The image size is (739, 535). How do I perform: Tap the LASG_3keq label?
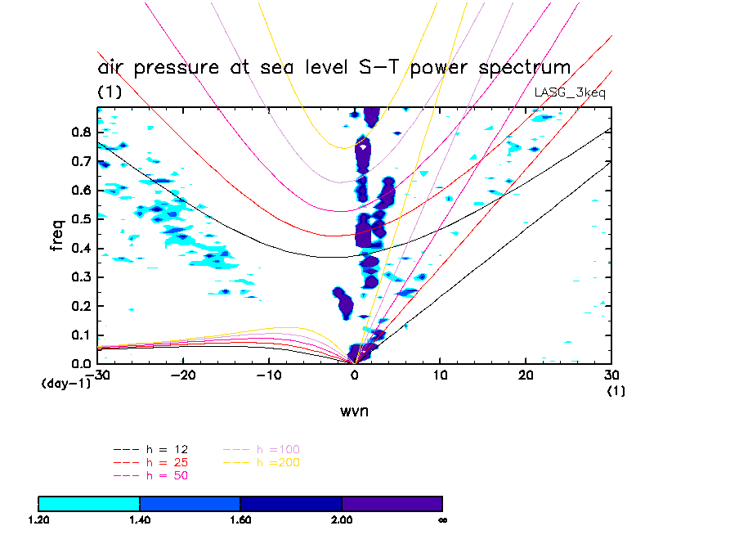coord(570,92)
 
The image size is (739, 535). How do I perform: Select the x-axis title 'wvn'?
coord(355,411)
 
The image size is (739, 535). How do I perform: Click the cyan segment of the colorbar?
coord(89,503)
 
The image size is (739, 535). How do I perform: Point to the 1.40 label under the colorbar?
coord(140,519)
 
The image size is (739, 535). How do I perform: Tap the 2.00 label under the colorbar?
coord(342,519)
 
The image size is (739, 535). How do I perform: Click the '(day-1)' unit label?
coord(65,383)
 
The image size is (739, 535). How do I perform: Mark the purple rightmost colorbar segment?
coord(392,503)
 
